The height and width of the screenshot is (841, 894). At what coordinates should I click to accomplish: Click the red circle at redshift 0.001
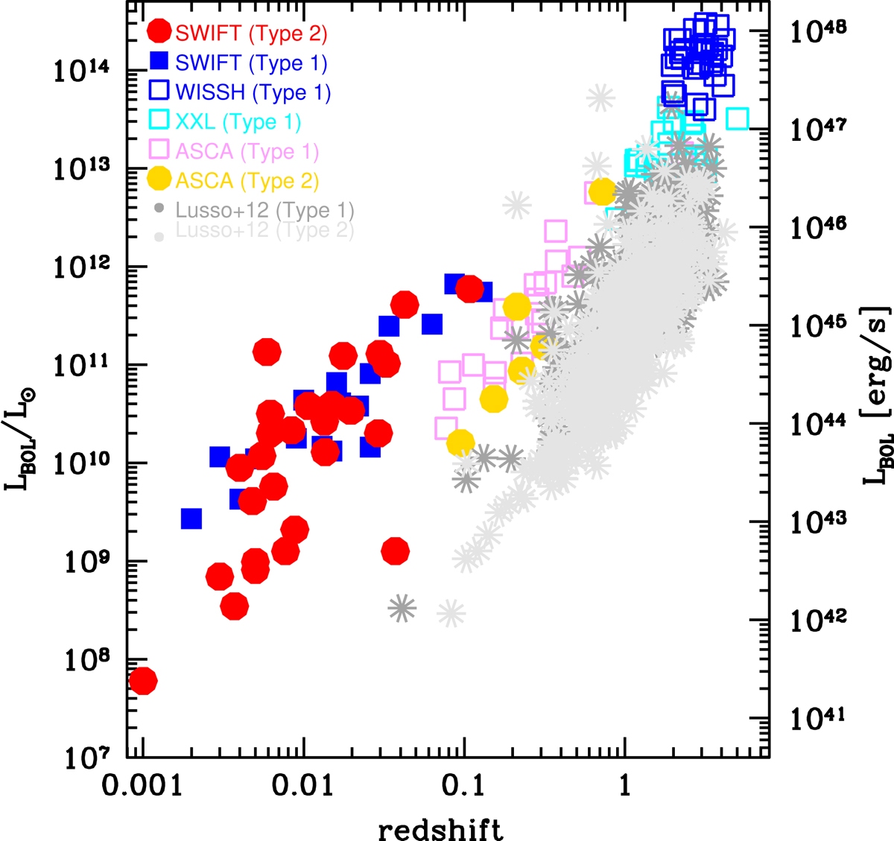click(142, 680)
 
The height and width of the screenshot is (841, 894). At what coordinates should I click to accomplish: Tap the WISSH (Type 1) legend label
click(253, 92)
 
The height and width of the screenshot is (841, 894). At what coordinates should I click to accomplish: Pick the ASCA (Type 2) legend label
click(247, 181)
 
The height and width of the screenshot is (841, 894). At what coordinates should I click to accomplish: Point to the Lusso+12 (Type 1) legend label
click(264, 211)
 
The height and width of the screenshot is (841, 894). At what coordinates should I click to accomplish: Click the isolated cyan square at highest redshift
click(737, 118)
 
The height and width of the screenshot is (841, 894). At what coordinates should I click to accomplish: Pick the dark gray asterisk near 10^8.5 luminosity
click(402, 609)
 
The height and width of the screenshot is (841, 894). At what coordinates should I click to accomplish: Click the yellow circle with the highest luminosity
click(602, 191)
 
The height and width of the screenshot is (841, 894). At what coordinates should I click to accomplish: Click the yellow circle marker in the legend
click(159, 180)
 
